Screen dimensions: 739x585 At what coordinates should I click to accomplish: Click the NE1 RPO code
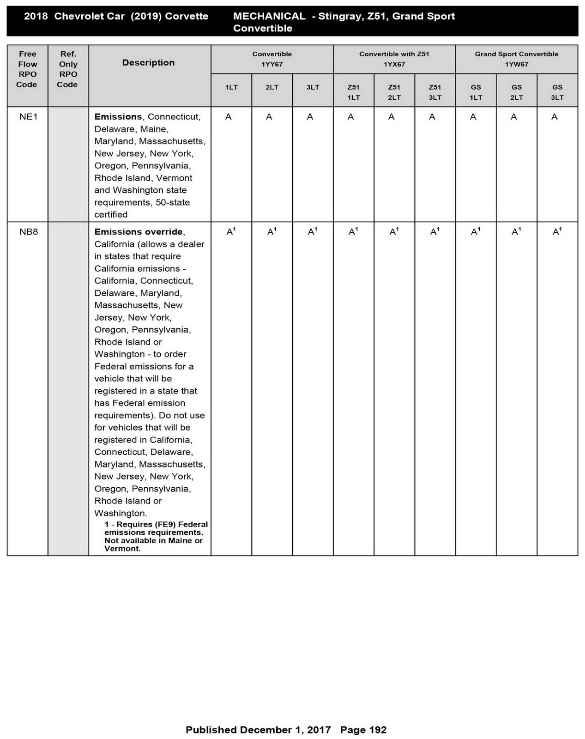pos(28,117)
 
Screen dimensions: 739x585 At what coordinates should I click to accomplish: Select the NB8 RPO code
pos(28,232)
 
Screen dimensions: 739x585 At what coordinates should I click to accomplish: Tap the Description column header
pos(148,63)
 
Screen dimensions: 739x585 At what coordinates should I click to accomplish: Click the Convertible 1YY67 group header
pos(272,59)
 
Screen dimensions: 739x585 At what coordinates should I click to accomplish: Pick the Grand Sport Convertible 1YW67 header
pos(516,59)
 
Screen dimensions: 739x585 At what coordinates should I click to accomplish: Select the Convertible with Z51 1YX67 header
pos(394,59)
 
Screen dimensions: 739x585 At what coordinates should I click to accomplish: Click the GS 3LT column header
pos(557,92)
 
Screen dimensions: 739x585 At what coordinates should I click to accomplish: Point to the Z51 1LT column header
pos(353,92)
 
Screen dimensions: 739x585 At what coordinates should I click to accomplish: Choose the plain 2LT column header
pos(272,87)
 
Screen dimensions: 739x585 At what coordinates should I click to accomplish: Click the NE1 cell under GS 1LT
pos(473,117)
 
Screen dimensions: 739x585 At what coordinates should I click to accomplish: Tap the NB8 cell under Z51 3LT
pos(434,232)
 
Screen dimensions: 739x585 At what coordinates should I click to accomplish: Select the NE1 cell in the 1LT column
pos(228,117)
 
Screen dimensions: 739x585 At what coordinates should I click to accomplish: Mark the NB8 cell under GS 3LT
pos(556,232)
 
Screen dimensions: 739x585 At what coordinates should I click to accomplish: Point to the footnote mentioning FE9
pos(156,536)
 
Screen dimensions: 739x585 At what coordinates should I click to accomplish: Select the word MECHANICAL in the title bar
pos(269,16)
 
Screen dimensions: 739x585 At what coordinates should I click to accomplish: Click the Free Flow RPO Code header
pos(27,69)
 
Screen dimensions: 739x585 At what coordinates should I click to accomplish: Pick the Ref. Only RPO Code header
pos(68,69)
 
